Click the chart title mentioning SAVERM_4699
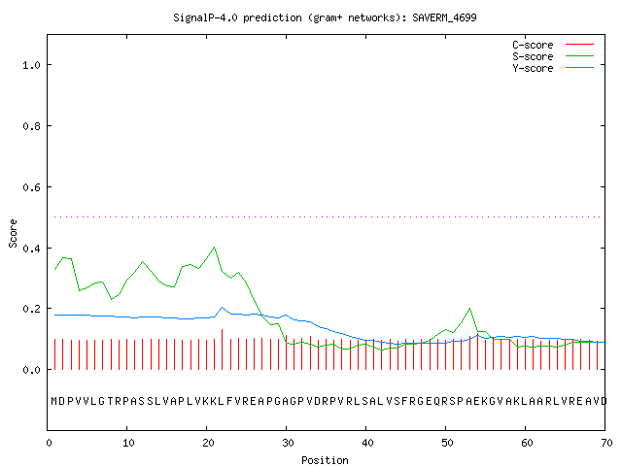(325, 17)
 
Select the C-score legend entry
(553, 45)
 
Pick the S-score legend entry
(553, 56)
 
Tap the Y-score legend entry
(553, 68)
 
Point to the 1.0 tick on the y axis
(31, 65)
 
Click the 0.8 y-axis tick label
(31, 126)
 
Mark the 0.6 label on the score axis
(31, 187)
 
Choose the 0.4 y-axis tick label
(31, 249)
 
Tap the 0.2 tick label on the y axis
(31, 309)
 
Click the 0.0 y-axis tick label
(31, 370)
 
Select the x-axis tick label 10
(128, 443)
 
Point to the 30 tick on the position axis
(288, 443)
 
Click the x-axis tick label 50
(447, 443)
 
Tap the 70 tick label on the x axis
(606, 443)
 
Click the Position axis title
(325, 460)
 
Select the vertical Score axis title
(13, 233)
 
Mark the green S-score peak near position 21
(214, 248)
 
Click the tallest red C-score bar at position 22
(223, 349)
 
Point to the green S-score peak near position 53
(469, 309)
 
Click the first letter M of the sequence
(54, 401)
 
